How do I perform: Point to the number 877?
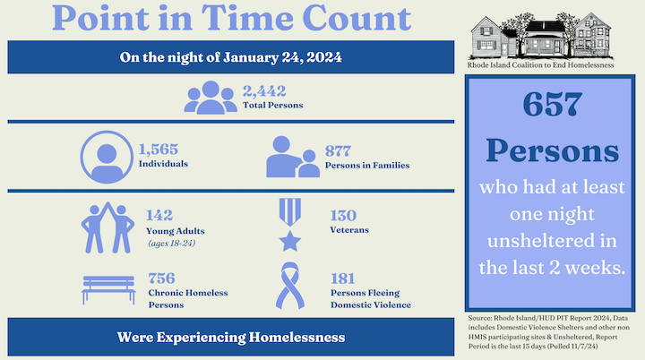[x=339, y=150]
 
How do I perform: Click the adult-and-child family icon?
[x=292, y=158]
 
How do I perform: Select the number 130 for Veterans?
[x=343, y=215]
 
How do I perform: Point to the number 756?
[x=160, y=278]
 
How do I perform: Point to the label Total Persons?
[x=272, y=106]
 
